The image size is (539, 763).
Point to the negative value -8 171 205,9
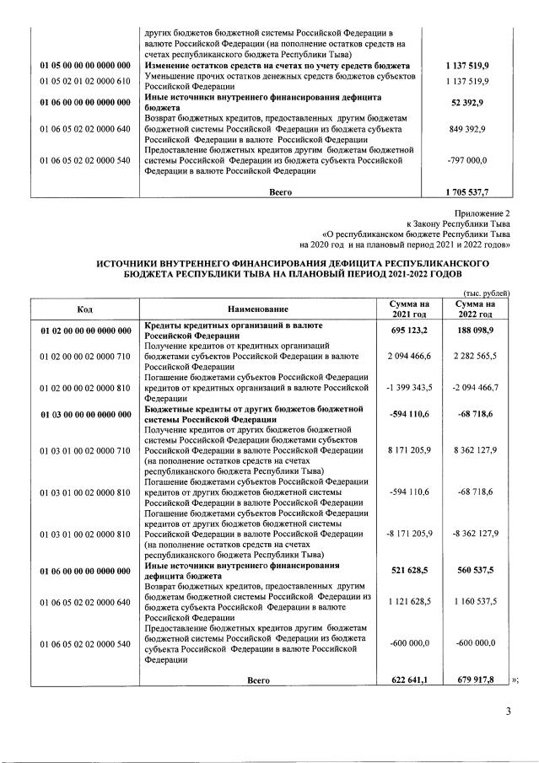tap(408, 533)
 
